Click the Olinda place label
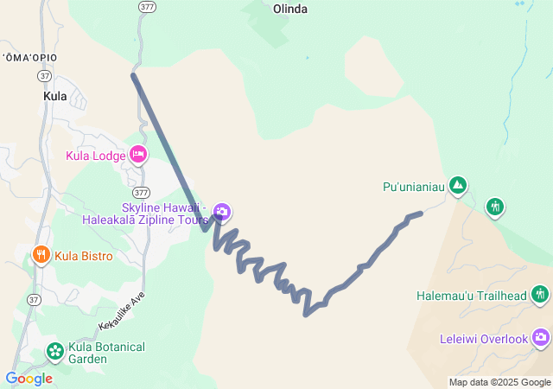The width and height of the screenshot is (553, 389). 290,9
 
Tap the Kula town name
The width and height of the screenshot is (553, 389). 54,97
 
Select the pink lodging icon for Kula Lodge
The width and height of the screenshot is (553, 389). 138,155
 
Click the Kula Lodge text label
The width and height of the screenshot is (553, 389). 96,156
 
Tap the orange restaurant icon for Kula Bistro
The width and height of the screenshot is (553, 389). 41,255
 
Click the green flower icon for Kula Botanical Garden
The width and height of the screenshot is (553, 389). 55,351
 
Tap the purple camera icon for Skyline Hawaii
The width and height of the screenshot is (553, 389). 222,212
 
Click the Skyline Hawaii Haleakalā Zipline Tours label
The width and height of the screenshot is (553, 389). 145,214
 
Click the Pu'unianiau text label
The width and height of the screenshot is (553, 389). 413,186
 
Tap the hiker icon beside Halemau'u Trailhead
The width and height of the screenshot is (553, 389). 541,295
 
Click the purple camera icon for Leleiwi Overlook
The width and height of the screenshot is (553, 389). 541,338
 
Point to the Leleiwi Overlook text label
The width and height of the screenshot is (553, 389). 483,339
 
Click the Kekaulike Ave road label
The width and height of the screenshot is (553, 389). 122,309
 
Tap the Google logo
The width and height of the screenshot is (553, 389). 29,378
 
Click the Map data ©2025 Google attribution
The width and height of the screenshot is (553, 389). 499,382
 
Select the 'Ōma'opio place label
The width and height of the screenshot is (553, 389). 29,57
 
